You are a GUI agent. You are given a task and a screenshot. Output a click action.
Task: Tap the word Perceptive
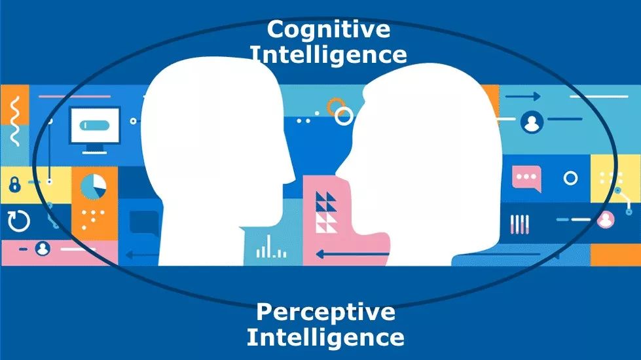pos(325,312)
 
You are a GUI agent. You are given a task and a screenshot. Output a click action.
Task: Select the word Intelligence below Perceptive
pos(325,338)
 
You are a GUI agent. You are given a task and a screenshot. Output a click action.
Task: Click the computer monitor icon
pos(95,128)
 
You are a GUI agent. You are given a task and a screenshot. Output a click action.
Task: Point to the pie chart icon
pos(94,187)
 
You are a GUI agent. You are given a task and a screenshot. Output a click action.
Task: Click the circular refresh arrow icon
pos(18,221)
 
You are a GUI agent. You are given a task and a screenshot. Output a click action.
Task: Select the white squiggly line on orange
pos(14,112)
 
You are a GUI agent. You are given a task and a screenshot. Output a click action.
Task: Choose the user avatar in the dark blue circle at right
pos(532,122)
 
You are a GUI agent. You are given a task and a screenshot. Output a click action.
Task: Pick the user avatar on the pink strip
pos(43,249)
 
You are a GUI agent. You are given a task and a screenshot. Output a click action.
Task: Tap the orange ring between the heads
pos(336,105)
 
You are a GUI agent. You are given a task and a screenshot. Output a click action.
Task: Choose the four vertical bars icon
pos(519,224)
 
